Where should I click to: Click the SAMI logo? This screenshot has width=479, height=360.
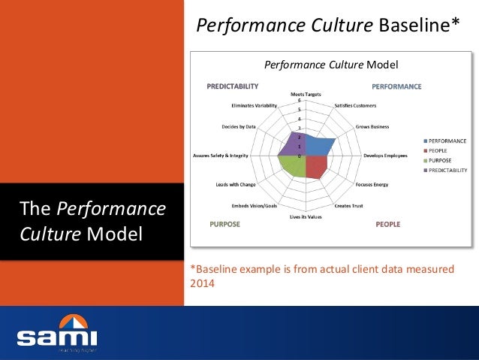coord(57,334)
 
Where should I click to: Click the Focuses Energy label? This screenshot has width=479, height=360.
coord(372,184)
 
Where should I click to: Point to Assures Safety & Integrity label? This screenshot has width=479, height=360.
coord(221,156)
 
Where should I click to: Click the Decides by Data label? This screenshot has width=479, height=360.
coord(239,127)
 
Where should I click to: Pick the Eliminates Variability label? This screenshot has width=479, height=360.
coord(255,105)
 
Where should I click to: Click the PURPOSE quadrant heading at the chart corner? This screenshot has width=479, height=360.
coord(225,224)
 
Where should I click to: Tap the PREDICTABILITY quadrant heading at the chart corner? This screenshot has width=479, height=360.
coord(233,86)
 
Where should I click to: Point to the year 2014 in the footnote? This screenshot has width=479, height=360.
coord(203,284)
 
